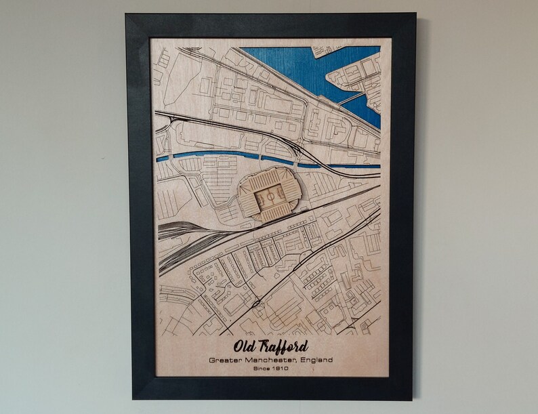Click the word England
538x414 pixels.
point(317,360)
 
